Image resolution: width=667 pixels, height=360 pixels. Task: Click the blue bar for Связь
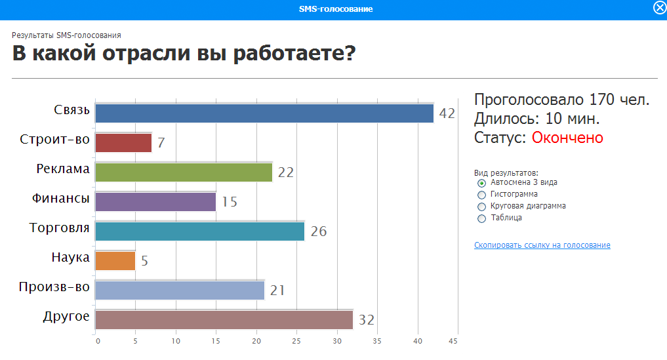pos(264,113)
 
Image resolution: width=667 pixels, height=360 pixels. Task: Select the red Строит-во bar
pos(123,142)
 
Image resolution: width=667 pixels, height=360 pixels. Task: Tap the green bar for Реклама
pos(184,172)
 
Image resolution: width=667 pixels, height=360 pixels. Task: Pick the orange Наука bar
pos(115,261)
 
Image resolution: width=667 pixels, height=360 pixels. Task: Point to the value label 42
pos(447,113)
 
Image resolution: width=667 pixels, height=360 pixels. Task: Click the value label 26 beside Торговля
pos(319,231)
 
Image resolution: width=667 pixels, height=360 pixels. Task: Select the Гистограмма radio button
pos(481,195)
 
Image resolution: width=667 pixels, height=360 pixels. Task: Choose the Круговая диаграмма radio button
pos(481,207)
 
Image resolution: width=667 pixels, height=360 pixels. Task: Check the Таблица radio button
pos(481,219)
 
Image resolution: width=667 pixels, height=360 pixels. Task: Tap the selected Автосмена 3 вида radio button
pos(481,183)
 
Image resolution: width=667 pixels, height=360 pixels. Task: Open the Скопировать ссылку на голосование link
pos(542,245)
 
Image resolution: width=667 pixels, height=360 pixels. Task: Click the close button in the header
pos(660,8)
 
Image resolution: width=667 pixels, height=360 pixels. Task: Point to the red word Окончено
pos(567,138)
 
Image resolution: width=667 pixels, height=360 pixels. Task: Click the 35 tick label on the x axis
pos(377,341)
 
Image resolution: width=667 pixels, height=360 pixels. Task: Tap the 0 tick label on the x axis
pos(98,341)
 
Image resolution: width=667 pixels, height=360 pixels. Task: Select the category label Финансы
pos(61,198)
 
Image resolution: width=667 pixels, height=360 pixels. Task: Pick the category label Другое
pos(66,317)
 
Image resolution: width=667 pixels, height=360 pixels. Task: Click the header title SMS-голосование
pos(336,9)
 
